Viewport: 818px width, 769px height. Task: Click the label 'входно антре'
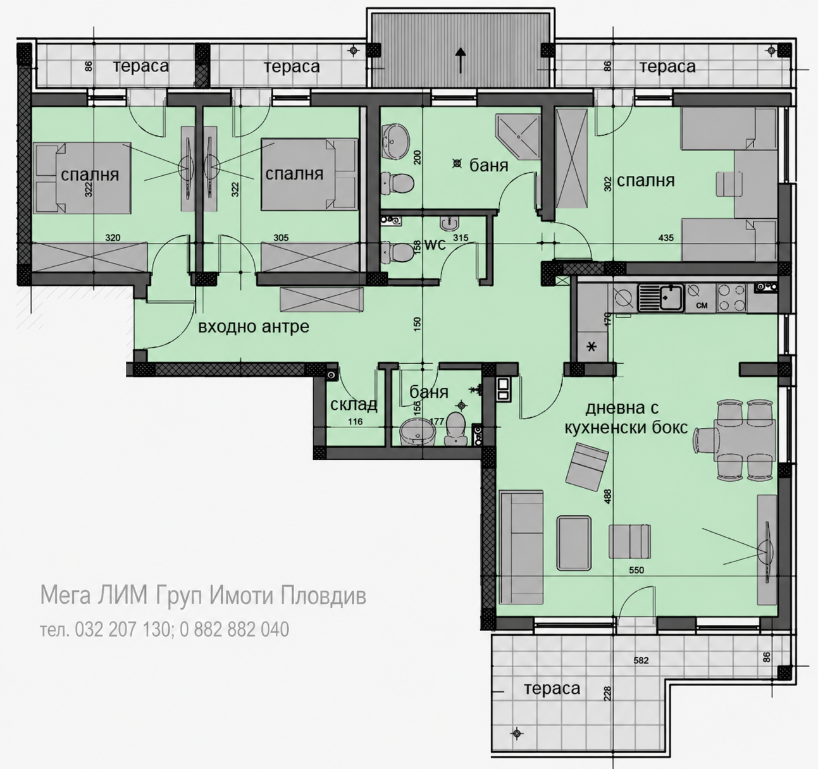[x=253, y=327]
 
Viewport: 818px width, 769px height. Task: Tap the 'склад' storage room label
[x=354, y=405]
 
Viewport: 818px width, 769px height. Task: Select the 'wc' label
[x=435, y=244]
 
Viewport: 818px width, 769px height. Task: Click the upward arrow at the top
[x=461, y=60]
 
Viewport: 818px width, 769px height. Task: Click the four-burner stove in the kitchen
[x=731, y=297]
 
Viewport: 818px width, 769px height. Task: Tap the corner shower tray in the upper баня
[x=518, y=137]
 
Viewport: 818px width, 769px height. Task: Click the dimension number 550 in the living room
[x=636, y=570]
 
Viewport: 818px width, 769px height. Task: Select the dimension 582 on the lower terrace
[x=641, y=660]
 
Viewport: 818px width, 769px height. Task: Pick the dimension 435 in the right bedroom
[x=666, y=238]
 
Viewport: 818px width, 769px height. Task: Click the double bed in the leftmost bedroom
[x=82, y=178]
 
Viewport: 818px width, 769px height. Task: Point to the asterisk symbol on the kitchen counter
[x=592, y=347]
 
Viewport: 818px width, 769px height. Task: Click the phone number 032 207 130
[x=122, y=629]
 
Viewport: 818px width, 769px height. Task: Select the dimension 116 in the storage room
[x=355, y=421]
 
